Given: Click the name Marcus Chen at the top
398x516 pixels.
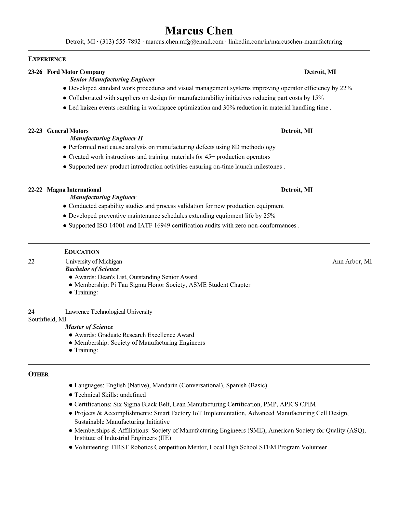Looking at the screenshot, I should coord(199,31).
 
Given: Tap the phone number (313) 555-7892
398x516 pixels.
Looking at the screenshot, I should coord(120,42).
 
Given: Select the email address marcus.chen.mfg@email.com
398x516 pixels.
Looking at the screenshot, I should coord(184,42).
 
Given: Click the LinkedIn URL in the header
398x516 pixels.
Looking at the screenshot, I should coord(285,42).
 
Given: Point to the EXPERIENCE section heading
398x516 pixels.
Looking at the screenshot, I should coord(47,59).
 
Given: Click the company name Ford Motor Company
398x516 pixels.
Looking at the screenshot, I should coord(76,72).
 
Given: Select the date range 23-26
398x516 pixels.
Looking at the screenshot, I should coord(35,72).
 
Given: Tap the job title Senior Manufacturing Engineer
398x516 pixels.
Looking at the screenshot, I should coord(113,79).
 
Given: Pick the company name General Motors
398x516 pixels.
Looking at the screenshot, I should coord(68,131).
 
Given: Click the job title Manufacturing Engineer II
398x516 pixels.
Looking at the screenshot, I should coord(106,138).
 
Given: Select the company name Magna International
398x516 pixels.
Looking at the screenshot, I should coord(74,190).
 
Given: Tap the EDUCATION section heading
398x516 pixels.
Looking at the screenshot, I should coord(82,252).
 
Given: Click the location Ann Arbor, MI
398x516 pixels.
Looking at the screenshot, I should coord(352,261).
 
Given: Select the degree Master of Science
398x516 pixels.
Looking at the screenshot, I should coord(89,327).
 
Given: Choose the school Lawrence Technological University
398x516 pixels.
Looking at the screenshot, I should coord(109,312).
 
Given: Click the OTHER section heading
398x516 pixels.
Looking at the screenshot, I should coord(38,374).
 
